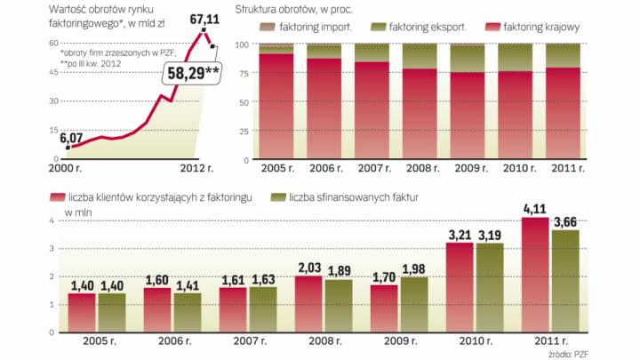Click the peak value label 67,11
[205, 18]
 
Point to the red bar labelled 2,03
[308, 303]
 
